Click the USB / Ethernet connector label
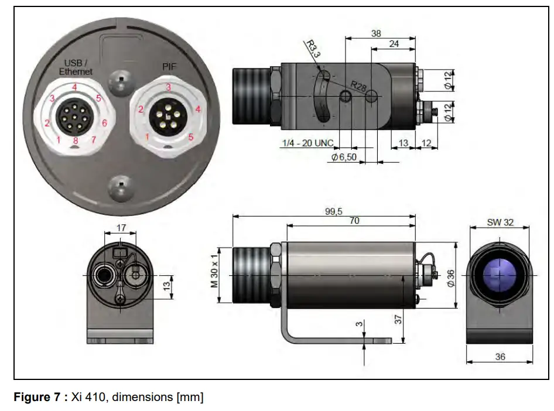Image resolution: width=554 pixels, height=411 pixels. click(x=76, y=67)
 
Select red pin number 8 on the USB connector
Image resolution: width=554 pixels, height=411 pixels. click(x=75, y=141)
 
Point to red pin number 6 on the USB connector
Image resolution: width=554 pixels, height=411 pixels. click(x=104, y=123)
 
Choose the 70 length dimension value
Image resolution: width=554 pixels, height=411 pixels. click(x=354, y=221)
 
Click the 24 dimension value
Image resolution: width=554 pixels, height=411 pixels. click(x=394, y=44)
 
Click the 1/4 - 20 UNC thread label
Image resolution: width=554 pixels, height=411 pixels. click(x=307, y=143)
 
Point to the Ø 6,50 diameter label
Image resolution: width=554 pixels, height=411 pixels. click(x=344, y=157)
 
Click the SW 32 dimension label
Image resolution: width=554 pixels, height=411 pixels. click(x=499, y=222)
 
